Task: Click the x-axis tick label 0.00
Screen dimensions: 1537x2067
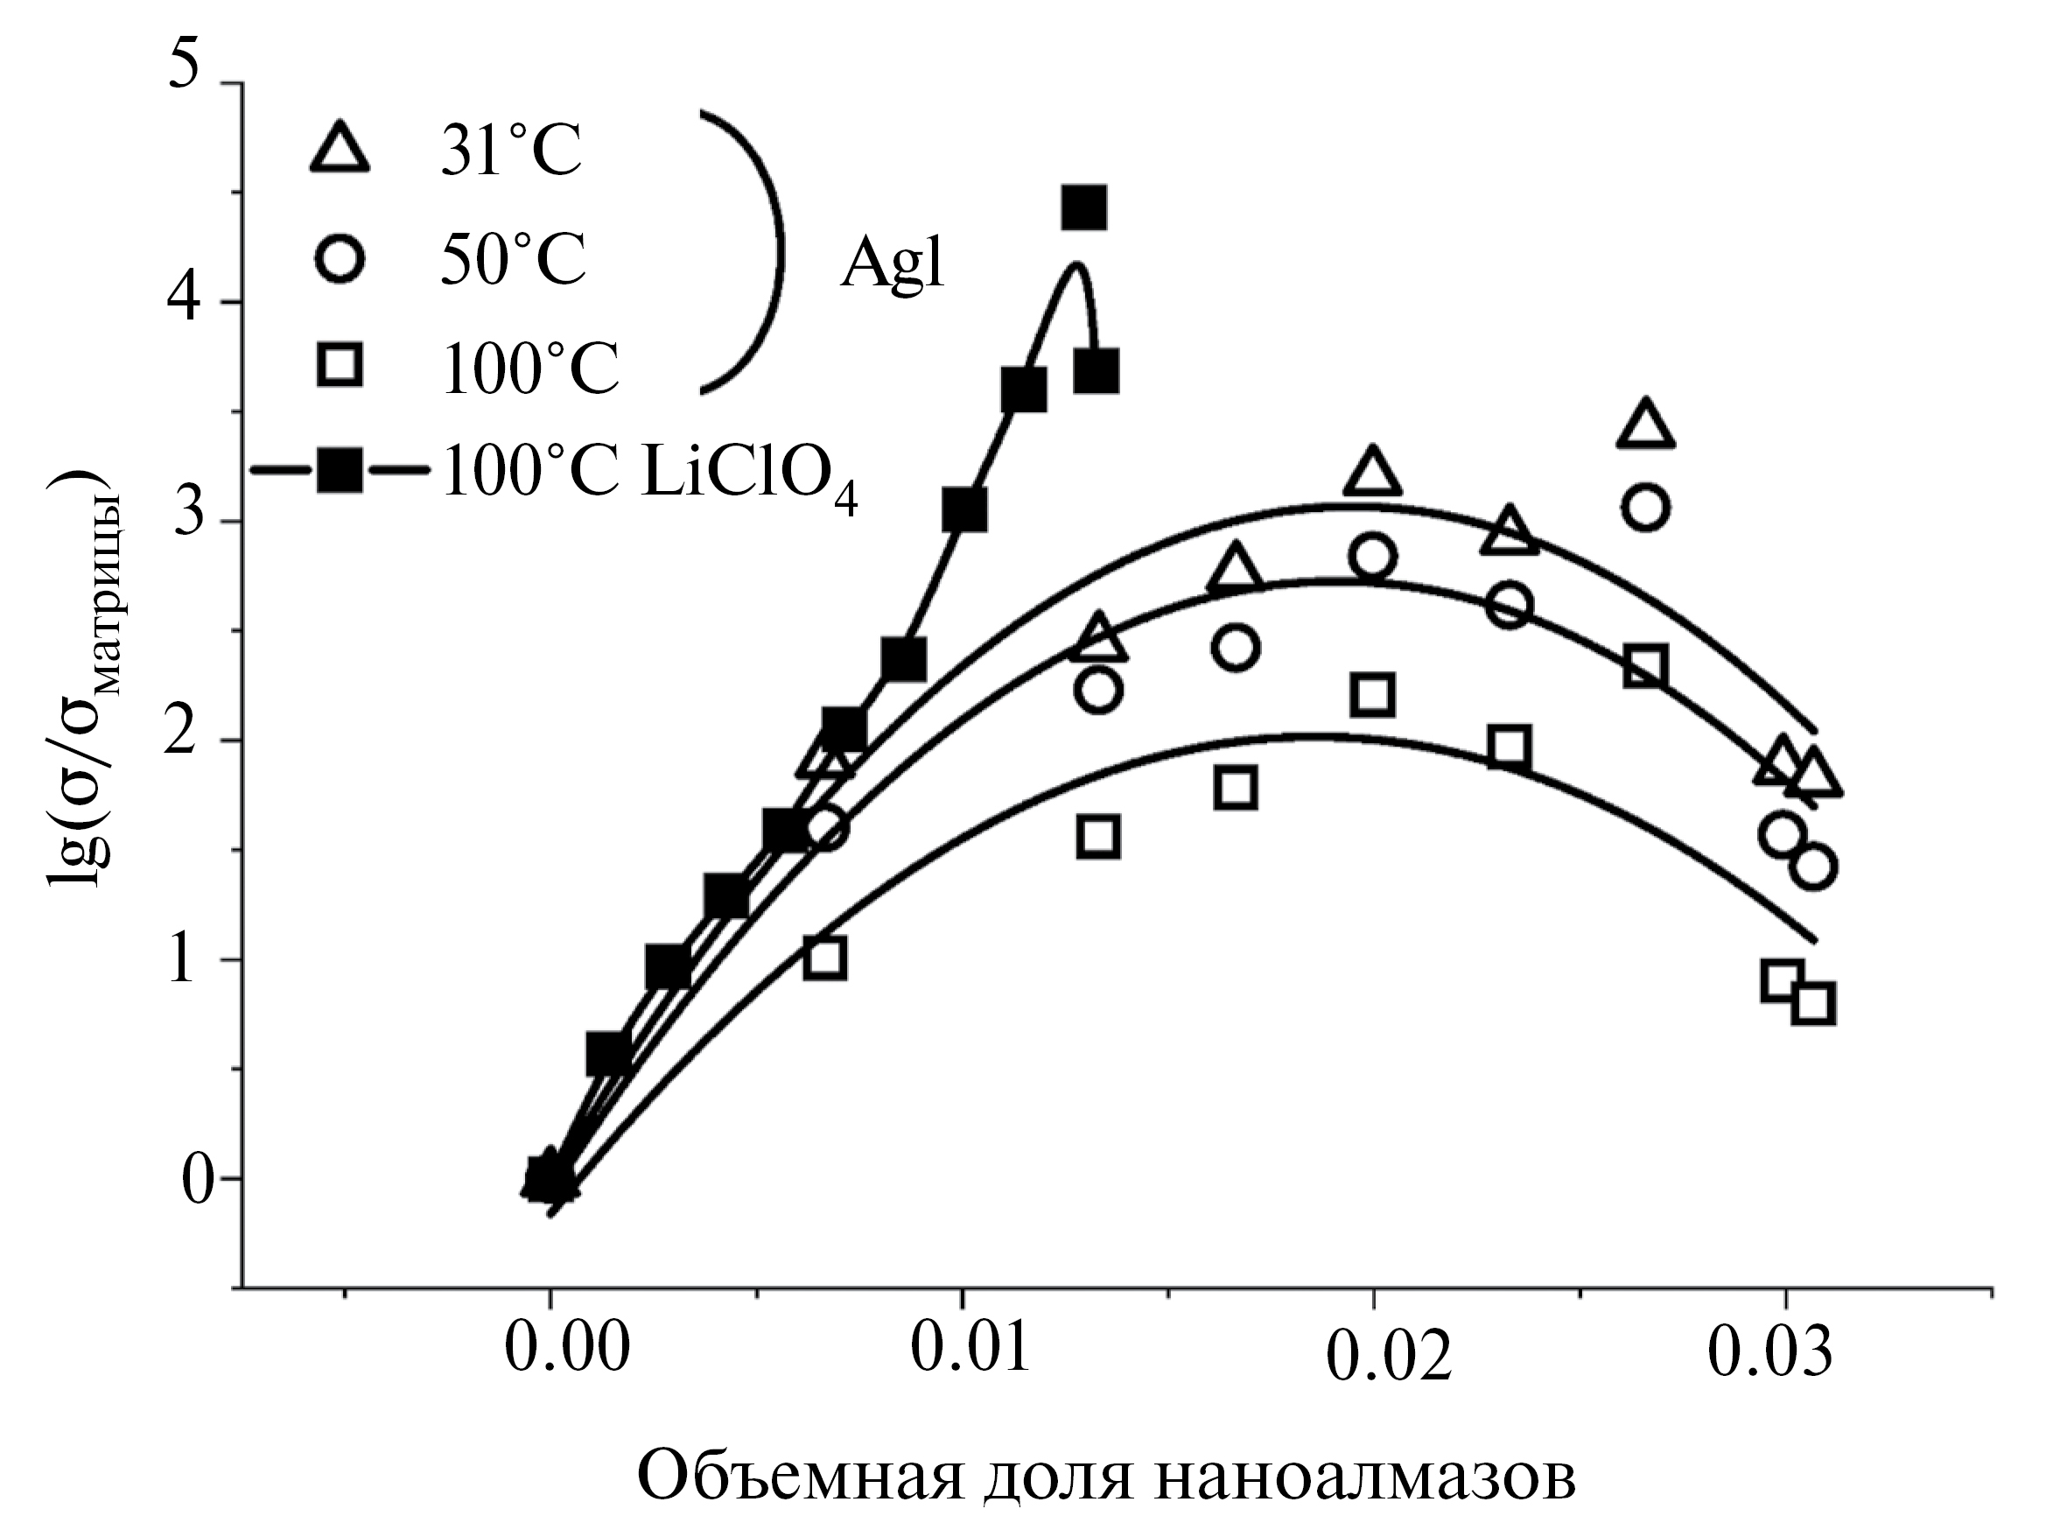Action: point(568,1348)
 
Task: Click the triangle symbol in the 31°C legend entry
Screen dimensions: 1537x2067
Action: point(340,149)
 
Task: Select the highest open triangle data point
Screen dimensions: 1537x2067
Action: point(1645,425)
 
